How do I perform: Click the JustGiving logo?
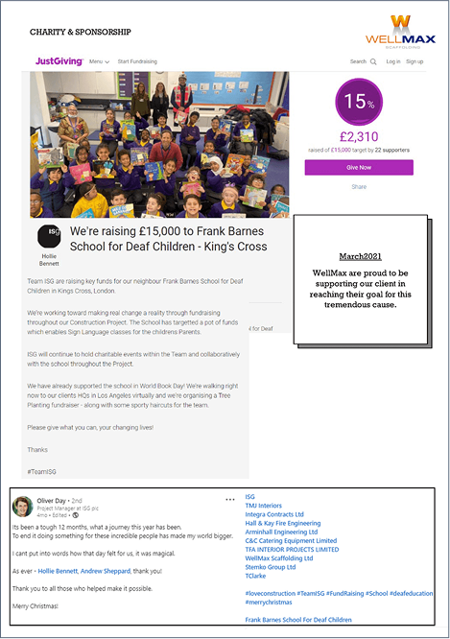coord(57,61)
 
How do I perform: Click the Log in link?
coord(393,61)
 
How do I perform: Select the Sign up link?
coord(414,61)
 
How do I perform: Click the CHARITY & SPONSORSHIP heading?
coord(78,32)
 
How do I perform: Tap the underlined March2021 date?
coord(361,257)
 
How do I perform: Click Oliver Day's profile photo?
coord(21,506)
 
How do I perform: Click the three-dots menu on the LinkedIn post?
coord(229,500)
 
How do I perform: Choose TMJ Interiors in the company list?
coord(264,505)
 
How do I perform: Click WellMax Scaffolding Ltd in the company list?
coord(279,557)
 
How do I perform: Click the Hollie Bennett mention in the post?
coord(59,570)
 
